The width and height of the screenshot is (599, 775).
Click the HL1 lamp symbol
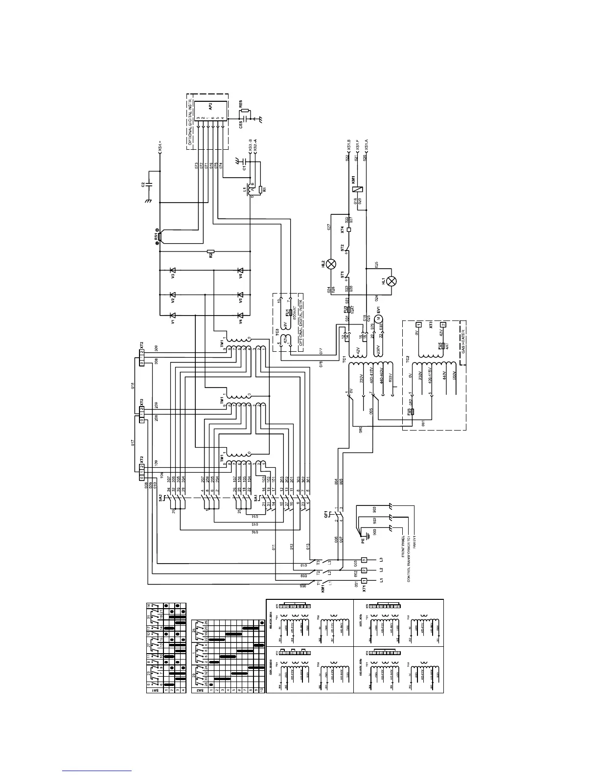click(391, 281)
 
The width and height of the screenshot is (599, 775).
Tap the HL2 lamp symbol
click(331, 264)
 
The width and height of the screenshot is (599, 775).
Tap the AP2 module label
click(210, 109)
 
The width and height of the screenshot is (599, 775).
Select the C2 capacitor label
click(142, 184)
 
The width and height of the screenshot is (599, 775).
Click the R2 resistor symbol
click(210, 253)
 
